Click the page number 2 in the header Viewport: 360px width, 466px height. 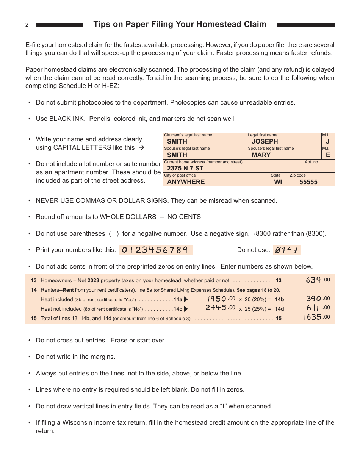(x=27, y=25)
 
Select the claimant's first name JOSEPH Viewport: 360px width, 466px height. (x=265, y=142)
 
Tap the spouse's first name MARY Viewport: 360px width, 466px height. (x=261, y=155)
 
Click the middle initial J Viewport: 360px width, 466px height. (x=328, y=142)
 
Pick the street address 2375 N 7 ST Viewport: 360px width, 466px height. (x=185, y=168)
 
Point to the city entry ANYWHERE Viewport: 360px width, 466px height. (x=186, y=182)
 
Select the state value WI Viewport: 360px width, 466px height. (x=278, y=182)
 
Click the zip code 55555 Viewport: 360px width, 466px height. (x=308, y=182)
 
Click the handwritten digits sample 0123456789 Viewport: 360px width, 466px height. (x=156, y=250)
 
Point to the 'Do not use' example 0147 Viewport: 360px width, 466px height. (x=287, y=250)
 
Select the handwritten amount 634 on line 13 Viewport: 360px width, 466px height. (x=314, y=280)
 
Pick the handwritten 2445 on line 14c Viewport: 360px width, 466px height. (x=216, y=308)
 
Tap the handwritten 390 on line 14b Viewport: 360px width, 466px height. (x=314, y=299)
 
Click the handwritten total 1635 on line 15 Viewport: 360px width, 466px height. (x=313, y=317)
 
